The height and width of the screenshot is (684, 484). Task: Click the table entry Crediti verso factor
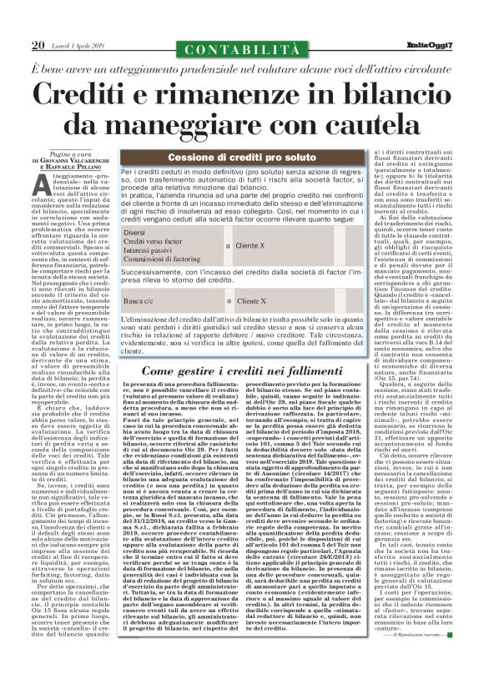click(154, 242)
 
